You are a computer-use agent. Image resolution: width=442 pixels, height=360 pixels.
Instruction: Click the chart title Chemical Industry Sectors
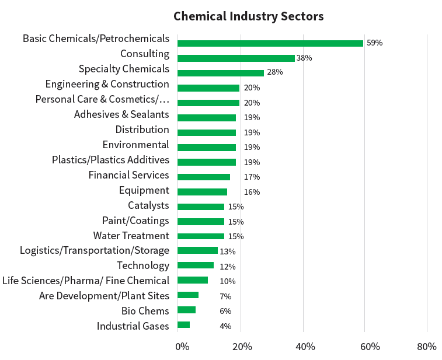pos(248,16)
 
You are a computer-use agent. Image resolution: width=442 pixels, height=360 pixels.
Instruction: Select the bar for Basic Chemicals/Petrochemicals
pos(270,43)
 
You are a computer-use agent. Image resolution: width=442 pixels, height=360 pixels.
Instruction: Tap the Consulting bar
pos(236,58)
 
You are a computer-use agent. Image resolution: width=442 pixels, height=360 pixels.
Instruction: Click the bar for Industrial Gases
pos(183,325)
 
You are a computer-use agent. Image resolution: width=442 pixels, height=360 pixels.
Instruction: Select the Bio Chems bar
pos(186,310)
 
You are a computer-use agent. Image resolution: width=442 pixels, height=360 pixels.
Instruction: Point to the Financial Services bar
pos(203,177)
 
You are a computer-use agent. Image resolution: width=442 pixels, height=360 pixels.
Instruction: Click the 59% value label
pos(374,43)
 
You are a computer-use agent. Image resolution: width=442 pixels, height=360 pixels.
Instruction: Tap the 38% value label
pos(304,58)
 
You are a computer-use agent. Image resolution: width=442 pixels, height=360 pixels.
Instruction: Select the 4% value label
pos(225,326)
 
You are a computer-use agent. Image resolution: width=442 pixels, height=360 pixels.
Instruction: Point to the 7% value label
pos(225,296)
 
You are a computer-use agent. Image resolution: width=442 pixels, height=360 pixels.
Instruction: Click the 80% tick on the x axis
pos(427,347)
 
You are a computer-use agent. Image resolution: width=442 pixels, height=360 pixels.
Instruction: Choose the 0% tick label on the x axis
pos(182,347)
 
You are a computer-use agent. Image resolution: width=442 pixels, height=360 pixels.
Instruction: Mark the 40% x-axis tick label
pos(305,347)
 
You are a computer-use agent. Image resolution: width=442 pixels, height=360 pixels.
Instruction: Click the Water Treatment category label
pos(131,236)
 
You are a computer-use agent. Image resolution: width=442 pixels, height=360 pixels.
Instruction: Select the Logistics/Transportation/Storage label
pos(95,250)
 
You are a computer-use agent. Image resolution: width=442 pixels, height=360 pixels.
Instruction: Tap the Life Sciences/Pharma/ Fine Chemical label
pos(86,281)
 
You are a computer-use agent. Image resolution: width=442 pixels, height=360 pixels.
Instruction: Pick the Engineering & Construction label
pos(107,84)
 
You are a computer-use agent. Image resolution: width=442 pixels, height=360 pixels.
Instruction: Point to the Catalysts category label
pos(148,205)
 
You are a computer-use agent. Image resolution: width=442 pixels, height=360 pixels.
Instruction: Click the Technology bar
pos(196,265)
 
